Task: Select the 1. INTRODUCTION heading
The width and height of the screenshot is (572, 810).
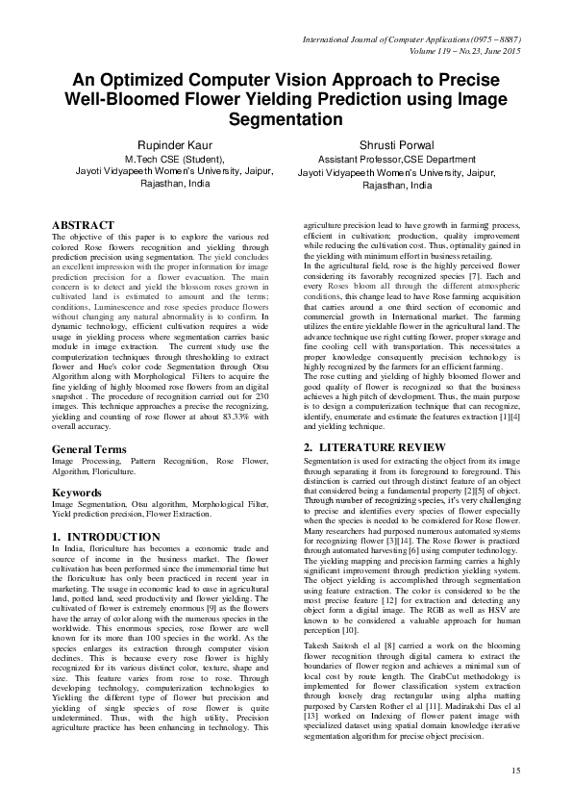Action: tap(106, 536)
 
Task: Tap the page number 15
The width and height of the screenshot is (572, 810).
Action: tap(514, 772)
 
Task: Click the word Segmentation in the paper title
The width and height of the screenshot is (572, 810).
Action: tap(286, 119)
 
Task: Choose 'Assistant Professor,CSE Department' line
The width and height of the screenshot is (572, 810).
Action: tap(391, 161)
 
